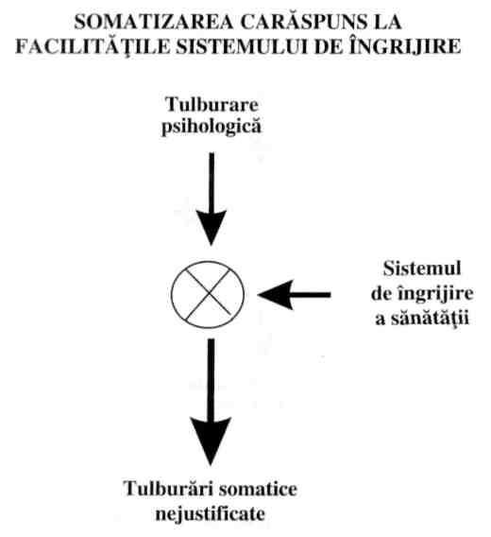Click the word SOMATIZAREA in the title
pyautogui.click(x=154, y=23)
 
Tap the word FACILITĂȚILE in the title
pyautogui.click(x=93, y=46)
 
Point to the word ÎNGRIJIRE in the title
pyautogui.click(x=405, y=45)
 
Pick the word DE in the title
pyautogui.click(x=329, y=46)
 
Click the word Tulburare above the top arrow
pyautogui.click(x=212, y=104)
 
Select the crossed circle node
pyautogui.click(x=208, y=295)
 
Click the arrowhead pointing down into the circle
pyautogui.click(x=212, y=227)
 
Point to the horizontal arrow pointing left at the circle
pyautogui.click(x=295, y=295)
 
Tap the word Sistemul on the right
pyautogui.click(x=422, y=268)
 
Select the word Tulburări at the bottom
pyautogui.click(x=168, y=489)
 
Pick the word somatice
pyautogui.click(x=259, y=489)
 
